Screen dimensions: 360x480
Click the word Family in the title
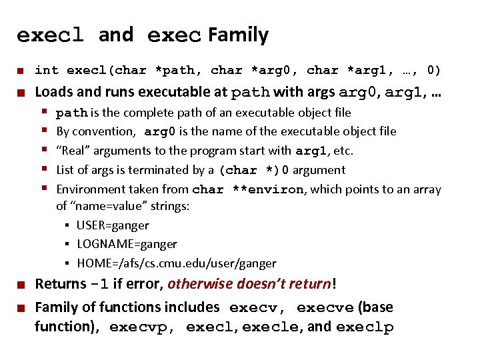pyautogui.click(x=238, y=35)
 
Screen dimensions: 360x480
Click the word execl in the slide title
pyautogui.click(x=49, y=35)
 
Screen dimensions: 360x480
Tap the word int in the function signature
pyautogui.click(x=47, y=70)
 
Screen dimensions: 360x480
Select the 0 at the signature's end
pyautogui.click(x=433, y=70)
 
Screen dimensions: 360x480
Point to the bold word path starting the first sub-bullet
pyautogui.click(x=71, y=113)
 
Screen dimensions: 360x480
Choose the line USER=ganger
pyautogui.click(x=113, y=225)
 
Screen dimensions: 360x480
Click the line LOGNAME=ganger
pyautogui.click(x=127, y=244)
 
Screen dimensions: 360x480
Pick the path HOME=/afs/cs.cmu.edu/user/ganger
pyautogui.click(x=176, y=263)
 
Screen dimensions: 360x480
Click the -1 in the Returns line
pyautogui.click(x=99, y=284)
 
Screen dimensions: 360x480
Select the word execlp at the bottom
pyautogui.click(x=365, y=327)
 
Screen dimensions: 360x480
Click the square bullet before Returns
pyautogui.click(x=21, y=285)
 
